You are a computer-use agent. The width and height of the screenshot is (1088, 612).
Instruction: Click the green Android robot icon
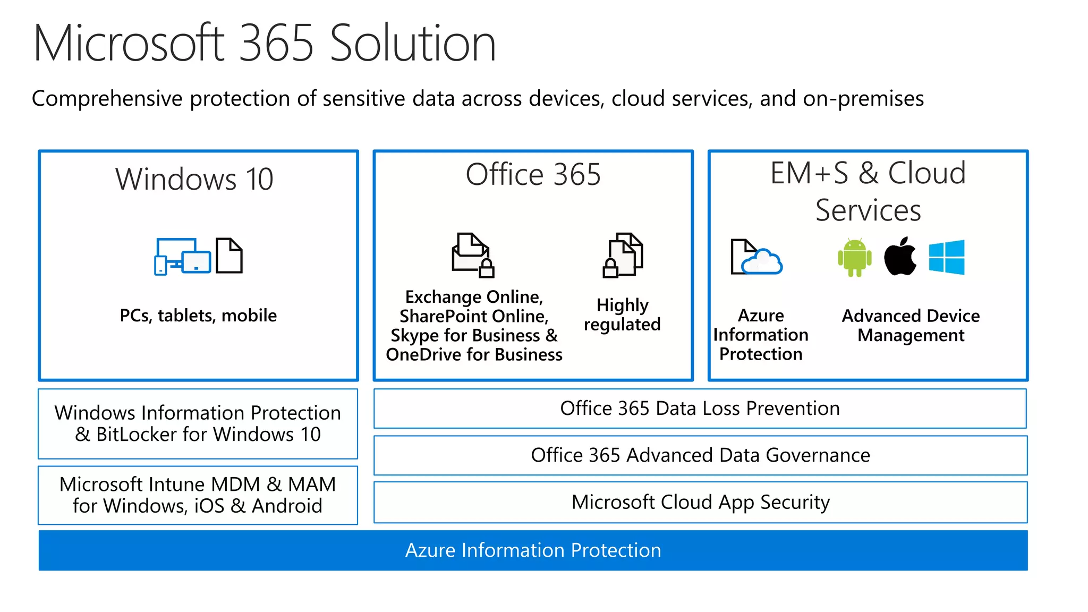(854, 258)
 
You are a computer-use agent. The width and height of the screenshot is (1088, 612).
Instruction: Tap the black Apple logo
(900, 257)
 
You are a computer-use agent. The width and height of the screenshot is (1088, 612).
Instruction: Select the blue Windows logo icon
(947, 257)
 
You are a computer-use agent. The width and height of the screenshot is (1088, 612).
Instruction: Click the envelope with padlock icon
(472, 256)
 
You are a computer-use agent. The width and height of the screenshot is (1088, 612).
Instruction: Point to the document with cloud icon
(755, 258)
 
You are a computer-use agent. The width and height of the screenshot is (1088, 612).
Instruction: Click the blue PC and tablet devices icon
(182, 256)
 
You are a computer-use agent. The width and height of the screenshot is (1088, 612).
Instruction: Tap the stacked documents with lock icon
(623, 255)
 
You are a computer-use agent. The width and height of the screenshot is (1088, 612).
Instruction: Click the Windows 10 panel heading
(194, 179)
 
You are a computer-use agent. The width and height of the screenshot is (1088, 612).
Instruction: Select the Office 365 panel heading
(533, 174)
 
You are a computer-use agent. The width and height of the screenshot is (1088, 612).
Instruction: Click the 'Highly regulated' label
(622, 314)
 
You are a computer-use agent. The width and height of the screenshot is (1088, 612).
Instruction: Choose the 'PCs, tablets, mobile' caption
(198, 316)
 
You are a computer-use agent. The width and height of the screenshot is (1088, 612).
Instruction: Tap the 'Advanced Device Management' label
(911, 325)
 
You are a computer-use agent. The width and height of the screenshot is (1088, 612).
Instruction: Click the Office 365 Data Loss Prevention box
(700, 409)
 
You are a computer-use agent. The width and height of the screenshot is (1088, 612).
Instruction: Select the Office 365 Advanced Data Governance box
(700, 455)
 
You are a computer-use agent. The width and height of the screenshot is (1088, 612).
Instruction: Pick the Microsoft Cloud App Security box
(700, 502)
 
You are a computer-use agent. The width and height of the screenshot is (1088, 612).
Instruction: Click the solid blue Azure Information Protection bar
(533, 550)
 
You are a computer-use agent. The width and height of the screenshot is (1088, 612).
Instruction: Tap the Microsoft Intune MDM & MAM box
(198, 495)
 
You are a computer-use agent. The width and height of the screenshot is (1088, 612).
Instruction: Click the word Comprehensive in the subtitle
(107, 99)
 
